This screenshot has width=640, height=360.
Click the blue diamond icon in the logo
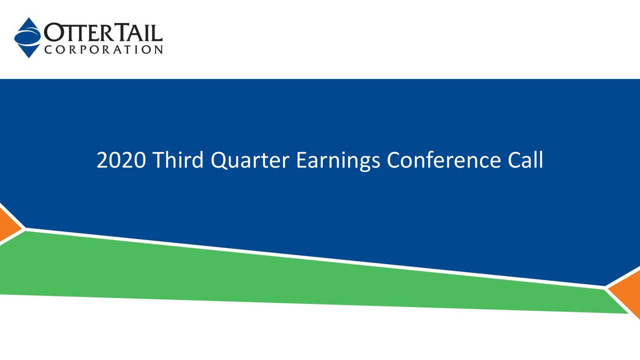point(27,38)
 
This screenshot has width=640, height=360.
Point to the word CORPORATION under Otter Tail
point(103,49)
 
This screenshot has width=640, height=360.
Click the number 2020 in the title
point(121,160)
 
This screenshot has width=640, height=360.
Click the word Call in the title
point(525,160)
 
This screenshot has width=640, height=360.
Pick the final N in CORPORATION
point(157,49)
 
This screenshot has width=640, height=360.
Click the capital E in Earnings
point(300,160)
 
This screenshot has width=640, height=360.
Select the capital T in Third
point(158,160)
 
